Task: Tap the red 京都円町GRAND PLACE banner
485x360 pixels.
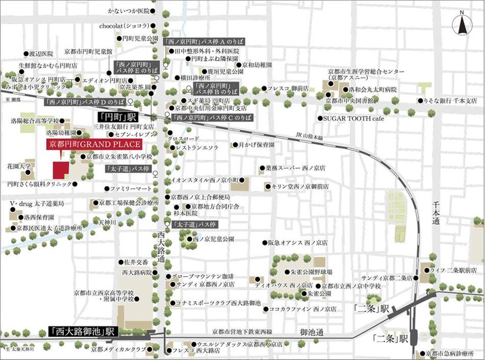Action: point(93,144)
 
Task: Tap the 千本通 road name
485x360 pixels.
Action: point(436,211)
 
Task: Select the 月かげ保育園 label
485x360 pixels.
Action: point(256,145)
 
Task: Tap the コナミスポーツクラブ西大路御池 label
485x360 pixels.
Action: point(217,303)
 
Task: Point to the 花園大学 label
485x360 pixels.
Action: point(19,166)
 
